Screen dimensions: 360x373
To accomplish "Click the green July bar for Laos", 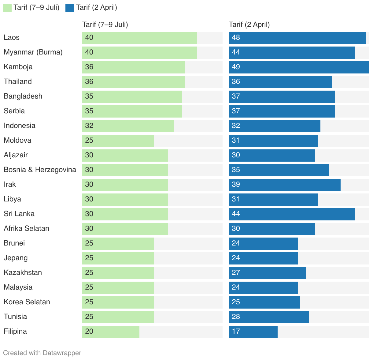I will pos(139,38).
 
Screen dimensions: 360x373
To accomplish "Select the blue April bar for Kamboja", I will pos(299,67).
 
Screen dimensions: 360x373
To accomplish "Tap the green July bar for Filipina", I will pos(110,332).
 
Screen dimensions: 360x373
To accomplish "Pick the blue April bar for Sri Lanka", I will pos(292,214).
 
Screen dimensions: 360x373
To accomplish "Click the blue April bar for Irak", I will pos(284,185).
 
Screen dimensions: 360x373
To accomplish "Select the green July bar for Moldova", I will pos(118,141).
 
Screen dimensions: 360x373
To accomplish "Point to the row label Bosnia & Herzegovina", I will pos(40,170).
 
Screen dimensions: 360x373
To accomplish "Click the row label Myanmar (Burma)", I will pos(33,52).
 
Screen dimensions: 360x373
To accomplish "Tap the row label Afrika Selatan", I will pos(26,229).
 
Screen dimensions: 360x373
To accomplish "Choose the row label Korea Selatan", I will pos(27,302).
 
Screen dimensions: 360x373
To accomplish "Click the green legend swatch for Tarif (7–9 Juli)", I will pos(7,8).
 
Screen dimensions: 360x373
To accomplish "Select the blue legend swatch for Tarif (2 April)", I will pos(70,8).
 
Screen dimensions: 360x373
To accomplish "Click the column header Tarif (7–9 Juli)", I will pos(105,25).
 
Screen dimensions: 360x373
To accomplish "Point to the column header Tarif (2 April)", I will pos(249,25).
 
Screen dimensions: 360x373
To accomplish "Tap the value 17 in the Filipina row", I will pos(236,332).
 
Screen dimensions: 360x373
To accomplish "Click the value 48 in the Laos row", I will pos(236,38).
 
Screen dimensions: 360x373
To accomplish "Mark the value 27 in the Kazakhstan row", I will pos(236,273).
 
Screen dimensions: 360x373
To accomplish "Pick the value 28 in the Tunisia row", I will pos(236,317).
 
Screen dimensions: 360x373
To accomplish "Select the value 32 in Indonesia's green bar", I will pos(89,126).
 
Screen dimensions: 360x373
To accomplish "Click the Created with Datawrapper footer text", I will pos(42,353).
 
